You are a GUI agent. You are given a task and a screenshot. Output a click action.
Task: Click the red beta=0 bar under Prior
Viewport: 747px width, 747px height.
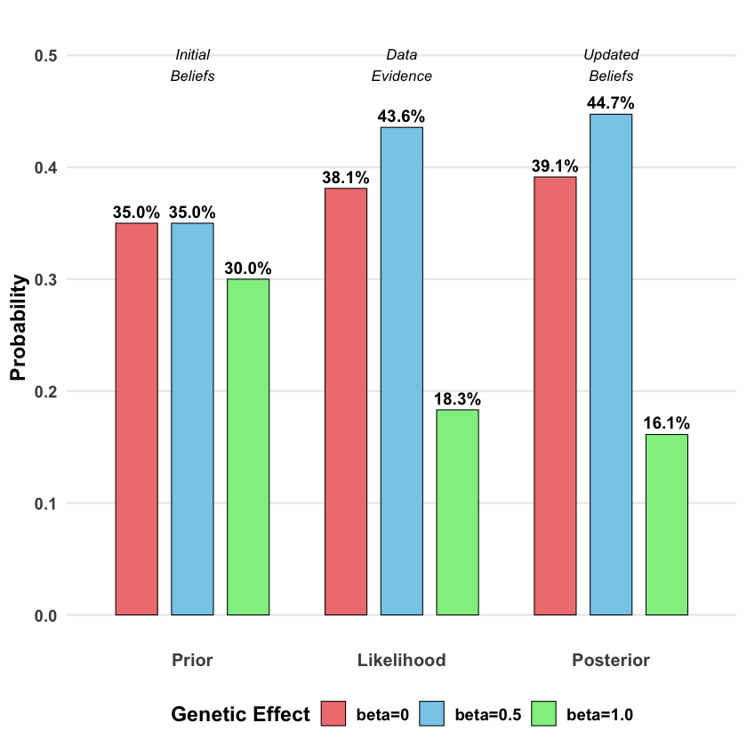click(x=137, y=418)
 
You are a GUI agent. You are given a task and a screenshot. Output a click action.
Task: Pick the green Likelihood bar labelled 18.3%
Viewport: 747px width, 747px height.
click(x=458, y=511)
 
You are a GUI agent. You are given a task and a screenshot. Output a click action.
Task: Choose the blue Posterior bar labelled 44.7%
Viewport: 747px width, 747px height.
click(x=611, y=364)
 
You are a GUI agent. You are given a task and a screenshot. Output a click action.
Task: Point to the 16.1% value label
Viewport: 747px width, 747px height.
click(x=666, y=423)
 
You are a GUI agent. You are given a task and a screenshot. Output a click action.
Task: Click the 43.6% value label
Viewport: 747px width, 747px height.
click(x=402, y=116)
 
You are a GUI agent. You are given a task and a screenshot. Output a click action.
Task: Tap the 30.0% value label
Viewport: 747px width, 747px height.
click(x=248, y=269)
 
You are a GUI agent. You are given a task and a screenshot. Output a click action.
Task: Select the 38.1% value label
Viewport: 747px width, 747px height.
click(x=346, y=178)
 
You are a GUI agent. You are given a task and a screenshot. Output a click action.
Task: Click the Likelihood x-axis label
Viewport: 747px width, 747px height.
click(x=402, y=661)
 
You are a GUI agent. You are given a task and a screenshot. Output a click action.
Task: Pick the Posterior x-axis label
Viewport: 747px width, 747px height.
click(x=611, y=661)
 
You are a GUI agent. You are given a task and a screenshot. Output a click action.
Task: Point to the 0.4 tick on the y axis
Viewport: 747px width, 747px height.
click(x=46, y=167)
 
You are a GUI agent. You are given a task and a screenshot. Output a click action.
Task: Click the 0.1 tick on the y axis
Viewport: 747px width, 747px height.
click(x=46, y=503)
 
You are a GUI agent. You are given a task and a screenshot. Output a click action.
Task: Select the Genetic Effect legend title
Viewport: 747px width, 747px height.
click(x=240, y=714)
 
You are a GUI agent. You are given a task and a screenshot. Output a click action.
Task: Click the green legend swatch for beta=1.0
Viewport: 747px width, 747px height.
click(x=543, y=713)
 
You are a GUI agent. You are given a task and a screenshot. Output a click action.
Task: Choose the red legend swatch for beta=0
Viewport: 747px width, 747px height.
click(x=333, y=713)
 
